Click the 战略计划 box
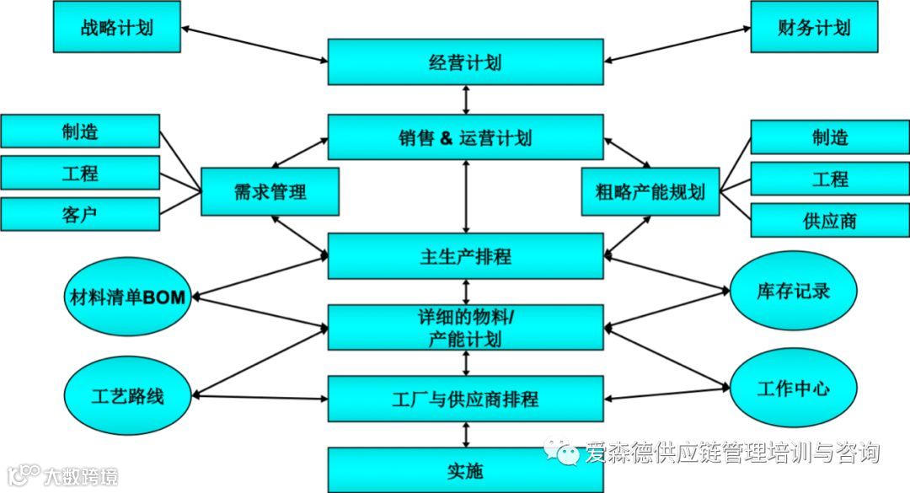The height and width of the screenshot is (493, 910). coord(116,27)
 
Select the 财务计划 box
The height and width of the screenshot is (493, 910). coord(814,27)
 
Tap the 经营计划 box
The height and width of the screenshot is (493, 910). coord(466,62)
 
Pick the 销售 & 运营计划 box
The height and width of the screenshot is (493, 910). coord(466,137)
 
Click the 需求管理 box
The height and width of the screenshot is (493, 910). coord(270,191)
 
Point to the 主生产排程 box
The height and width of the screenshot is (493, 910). coord(466,256)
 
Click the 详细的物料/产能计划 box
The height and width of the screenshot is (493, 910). coord(466,328)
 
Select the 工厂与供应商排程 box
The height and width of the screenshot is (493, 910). coord(466,399)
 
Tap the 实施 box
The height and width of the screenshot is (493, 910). coord(466,470)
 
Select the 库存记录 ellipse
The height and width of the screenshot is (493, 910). coord(793,291)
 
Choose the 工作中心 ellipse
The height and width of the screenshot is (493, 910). coord(793,389)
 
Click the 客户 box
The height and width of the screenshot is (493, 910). coord(80,214)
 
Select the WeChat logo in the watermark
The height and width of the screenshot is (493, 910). coord(562,452)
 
